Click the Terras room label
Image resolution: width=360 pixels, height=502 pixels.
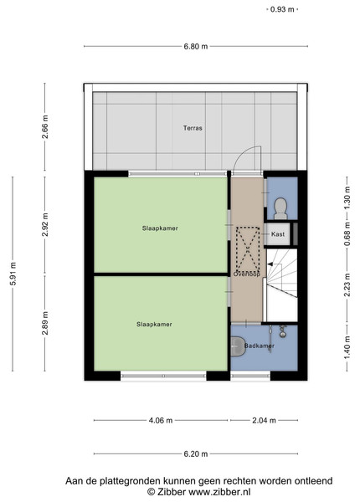193,128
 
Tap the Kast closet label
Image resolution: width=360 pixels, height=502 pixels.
278,234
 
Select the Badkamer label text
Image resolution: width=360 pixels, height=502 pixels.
259,346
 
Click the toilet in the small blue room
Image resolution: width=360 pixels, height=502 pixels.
280,208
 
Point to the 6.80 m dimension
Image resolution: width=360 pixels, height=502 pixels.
196,46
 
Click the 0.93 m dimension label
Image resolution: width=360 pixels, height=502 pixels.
282,9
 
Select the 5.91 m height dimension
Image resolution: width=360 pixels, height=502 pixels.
13,274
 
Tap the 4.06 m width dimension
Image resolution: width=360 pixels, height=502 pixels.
161,420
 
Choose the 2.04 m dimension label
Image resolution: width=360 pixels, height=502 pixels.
264,420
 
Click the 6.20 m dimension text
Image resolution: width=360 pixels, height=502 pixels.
196,454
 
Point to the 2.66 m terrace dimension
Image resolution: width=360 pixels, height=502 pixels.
45,126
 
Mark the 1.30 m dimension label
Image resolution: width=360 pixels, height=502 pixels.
347,197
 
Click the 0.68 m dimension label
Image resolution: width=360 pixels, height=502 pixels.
347,234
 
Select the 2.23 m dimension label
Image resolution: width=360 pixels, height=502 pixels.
347,284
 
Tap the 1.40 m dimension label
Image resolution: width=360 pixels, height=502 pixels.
347,347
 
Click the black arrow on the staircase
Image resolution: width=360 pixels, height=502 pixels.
270,264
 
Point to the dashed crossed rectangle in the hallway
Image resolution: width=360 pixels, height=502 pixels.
248,248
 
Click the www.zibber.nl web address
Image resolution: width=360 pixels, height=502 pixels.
219,492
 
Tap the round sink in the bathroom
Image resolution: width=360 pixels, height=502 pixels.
283,334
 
